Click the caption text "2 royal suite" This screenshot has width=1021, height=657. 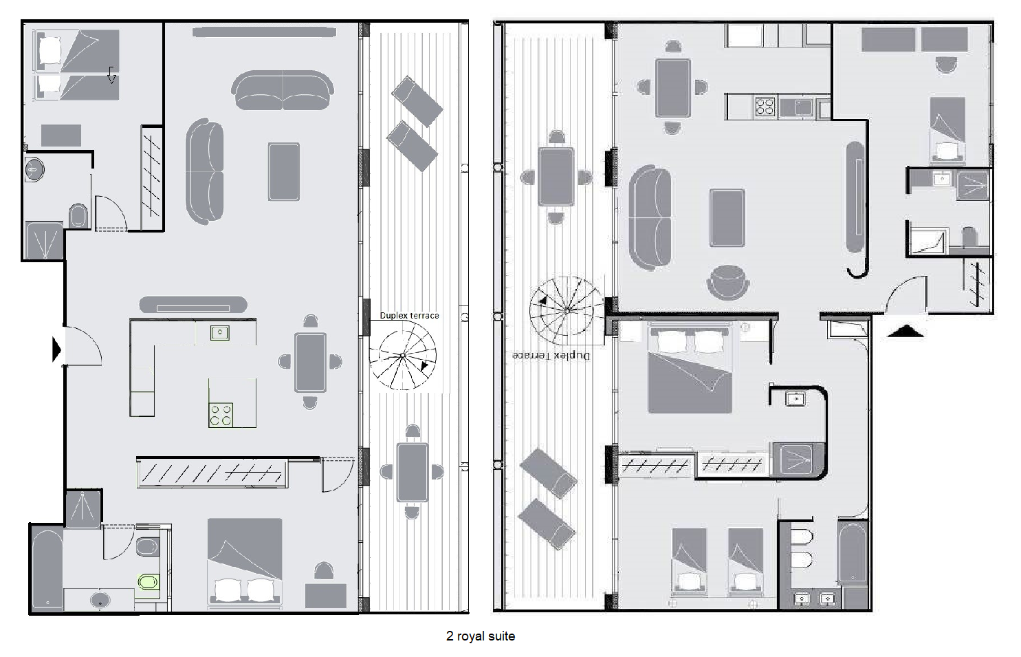[481, 636]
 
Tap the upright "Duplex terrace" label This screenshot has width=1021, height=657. [409, 316]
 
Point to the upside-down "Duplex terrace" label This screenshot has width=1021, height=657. [551, 355]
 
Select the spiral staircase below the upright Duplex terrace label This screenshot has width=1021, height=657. [402, 356]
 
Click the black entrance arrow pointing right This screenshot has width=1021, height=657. [57, 349]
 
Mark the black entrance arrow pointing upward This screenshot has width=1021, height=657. [905, 331]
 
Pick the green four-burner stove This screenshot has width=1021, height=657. [221, 415]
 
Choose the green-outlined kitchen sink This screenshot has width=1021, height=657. [220, 333]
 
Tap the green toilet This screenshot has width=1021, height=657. [148, 582]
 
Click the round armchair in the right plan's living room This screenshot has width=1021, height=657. [728, 282]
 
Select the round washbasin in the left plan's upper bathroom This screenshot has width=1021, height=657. [34, 170]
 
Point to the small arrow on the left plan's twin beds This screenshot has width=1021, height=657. [111, 75]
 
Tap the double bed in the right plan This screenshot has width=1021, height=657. [690, 368]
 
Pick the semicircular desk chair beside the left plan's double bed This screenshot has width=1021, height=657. [324, 571]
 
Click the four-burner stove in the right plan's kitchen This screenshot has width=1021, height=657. [765, 107]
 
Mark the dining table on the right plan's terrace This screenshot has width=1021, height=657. [556, 177]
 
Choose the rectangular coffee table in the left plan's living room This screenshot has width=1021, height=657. [283, 171]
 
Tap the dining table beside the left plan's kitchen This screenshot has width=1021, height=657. [310, 363]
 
